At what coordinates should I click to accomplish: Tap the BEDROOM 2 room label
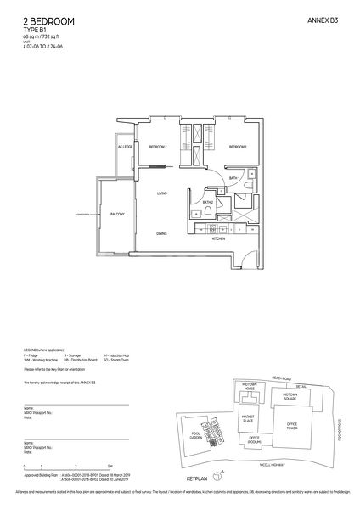[x=159, y=148]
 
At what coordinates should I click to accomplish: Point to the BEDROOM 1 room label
[x=237, y=148]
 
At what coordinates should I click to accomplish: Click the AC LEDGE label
[x=126, y=148]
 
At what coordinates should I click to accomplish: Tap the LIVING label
[x=161, y=194]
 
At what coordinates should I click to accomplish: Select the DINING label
[x=161, y=232]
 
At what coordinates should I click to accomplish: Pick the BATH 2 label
[x=208, y=204]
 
